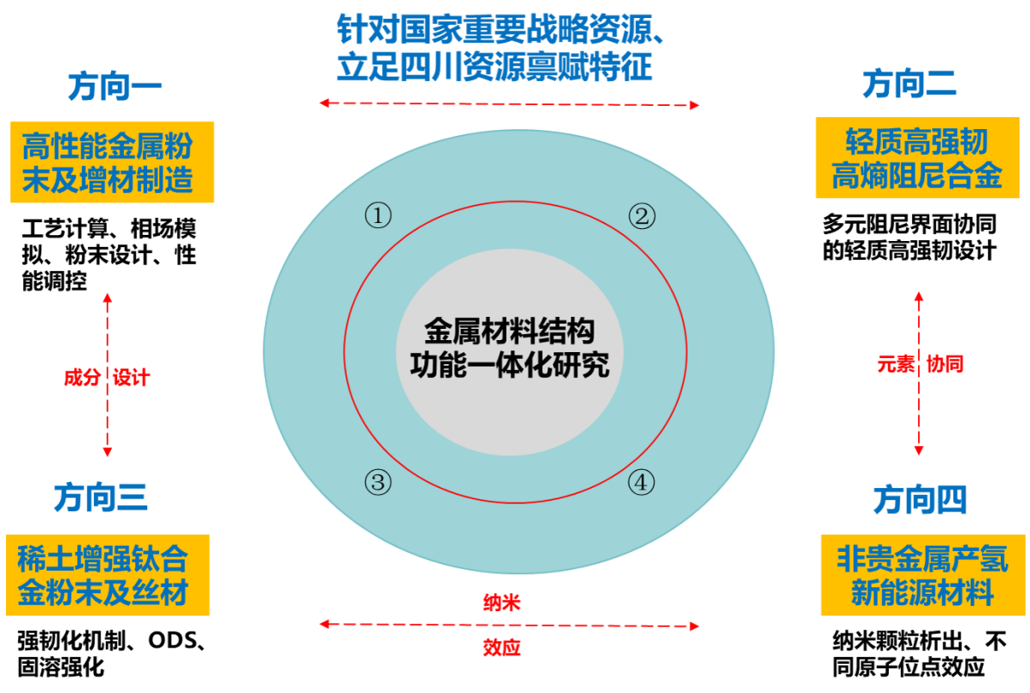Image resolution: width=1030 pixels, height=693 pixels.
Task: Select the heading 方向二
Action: coord(909,84)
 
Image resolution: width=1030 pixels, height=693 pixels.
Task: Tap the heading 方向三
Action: coord(101,498)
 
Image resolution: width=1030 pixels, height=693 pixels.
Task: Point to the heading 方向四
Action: coord(919,499)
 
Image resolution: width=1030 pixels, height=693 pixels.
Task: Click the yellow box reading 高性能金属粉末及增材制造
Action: coord(112,162)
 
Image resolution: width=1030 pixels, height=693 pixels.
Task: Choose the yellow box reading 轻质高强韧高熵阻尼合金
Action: coord(916,158)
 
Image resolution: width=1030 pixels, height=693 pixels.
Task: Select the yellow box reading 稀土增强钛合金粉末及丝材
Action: coord(108,574)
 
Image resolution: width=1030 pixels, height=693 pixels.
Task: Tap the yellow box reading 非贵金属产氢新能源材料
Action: coord(922,574)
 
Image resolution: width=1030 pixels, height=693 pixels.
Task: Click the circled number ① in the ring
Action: coord(378,215)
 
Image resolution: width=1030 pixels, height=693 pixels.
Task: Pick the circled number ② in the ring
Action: coord(641,216)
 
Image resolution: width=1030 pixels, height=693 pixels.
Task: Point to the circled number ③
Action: coord(378,482)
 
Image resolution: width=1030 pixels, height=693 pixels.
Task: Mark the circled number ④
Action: coord(640,482)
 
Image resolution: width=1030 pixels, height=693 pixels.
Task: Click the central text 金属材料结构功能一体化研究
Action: coord(509,349)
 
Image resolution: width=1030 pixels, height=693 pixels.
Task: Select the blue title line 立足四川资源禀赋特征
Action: coord(494,68)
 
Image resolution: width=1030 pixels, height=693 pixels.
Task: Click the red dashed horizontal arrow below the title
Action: coord(509,104)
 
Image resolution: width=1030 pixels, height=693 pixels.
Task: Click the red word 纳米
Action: coord(502,603)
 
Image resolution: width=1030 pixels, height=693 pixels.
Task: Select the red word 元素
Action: coord(895,364)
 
